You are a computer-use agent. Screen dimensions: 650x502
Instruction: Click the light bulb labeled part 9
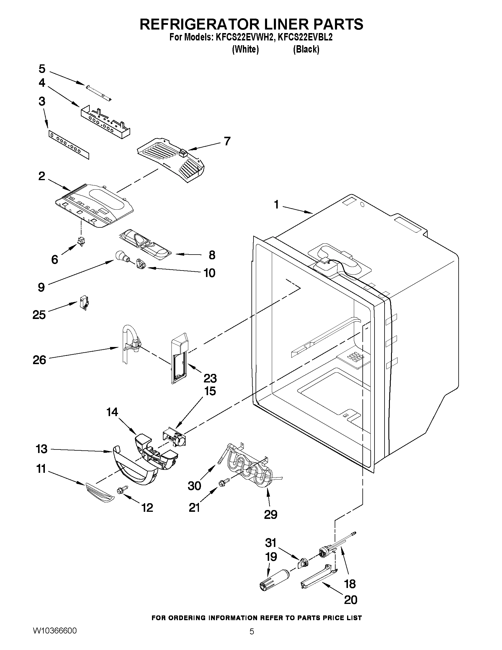pos(121,256)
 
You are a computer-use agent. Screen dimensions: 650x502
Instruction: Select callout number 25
pos(39,315)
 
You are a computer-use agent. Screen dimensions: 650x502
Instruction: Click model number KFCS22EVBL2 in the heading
pos(305,38)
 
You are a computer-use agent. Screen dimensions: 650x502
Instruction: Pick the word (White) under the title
pos(245,49)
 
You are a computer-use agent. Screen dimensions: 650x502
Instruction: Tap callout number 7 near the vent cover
pos(227,141)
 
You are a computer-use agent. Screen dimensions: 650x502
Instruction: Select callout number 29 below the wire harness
pos(270,514)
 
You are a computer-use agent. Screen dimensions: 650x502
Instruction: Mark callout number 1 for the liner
pos(276,205)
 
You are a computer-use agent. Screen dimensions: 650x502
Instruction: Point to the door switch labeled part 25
pos(85,303)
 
